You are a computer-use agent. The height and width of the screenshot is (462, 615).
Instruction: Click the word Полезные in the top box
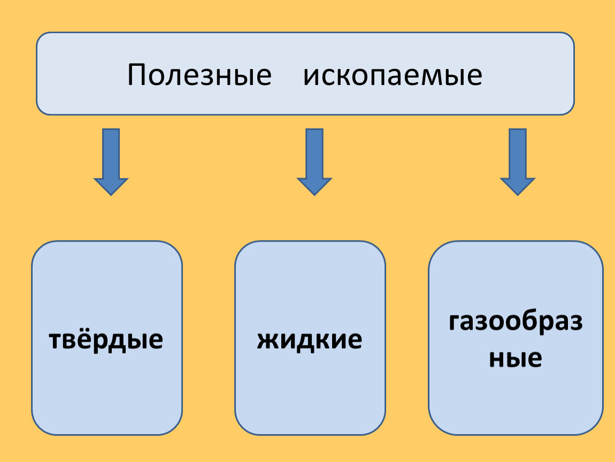199,75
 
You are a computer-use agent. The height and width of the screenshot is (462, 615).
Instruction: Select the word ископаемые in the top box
393,75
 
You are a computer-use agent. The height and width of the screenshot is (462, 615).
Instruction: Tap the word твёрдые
106,340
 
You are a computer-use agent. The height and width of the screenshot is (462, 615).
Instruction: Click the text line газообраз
516,322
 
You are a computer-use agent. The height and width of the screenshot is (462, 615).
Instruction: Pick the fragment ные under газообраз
516,358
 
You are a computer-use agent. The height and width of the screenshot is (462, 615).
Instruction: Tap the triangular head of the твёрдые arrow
111,185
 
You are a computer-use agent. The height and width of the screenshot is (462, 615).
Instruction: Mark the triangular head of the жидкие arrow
314,185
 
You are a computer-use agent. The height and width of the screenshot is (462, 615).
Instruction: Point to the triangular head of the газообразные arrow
517,185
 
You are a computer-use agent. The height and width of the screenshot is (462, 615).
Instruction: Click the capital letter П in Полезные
137,75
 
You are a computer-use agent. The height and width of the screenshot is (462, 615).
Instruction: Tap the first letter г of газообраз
455,323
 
